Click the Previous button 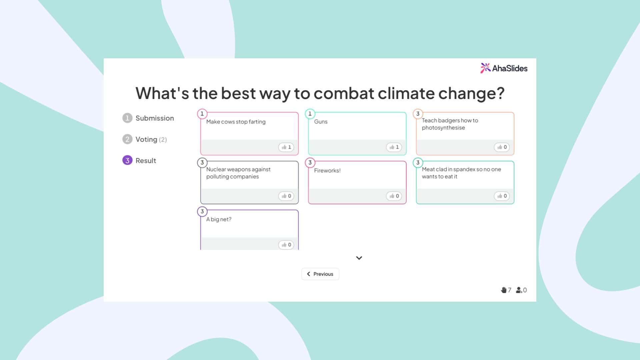320,274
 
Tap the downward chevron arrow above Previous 359,258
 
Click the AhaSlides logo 504,68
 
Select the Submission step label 154,118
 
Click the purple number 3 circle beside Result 127,160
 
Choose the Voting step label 146,139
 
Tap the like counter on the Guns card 394,147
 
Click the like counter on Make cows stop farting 286,147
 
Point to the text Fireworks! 327,171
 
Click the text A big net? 219,219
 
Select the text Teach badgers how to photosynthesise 450,124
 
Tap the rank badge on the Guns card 310,114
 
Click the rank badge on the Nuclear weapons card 202,163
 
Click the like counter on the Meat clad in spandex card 502,196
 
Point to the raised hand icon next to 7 503,290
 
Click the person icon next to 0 519,290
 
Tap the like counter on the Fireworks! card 394,196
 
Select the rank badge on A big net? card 202,211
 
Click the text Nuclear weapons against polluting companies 238,173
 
